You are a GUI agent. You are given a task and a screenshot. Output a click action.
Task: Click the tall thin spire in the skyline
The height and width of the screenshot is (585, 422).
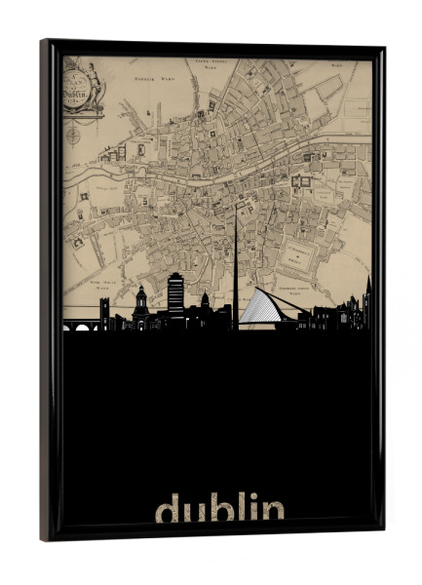(235, 263)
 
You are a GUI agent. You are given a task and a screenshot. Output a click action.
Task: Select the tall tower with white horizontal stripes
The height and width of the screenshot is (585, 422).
(175, 293)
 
